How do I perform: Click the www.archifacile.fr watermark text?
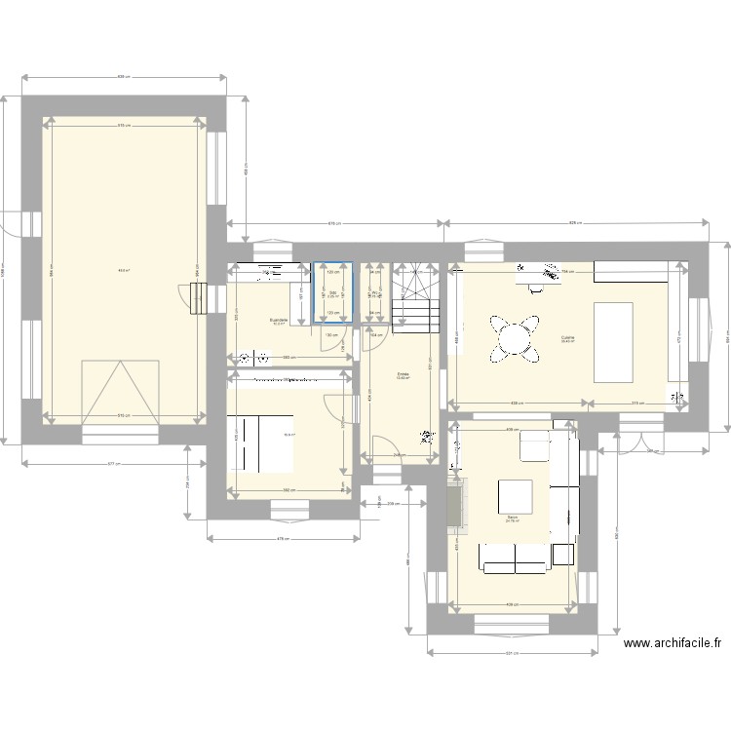point(673,643)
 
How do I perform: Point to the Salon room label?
point(512,518)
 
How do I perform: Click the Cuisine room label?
point(567,338)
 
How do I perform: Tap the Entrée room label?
point(403,373)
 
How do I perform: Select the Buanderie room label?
point(279,320)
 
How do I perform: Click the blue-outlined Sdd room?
point(332,291)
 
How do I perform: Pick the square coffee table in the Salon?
point(515,497)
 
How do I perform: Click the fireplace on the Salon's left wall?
point(454,508)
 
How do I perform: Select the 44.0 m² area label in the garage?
point(124,271)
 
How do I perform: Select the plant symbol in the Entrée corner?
point(425,437)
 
